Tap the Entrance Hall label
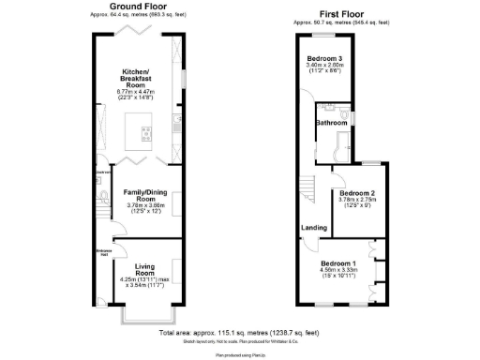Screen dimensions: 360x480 coord(103,253)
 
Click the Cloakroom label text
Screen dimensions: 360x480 coord(103,172)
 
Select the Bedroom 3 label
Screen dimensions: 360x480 coord(324,59)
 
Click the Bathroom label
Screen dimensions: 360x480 coord(331,122)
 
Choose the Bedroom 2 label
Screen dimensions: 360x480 coord(357,192)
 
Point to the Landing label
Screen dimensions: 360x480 coord(313,228)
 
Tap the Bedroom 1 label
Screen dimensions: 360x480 coord(339,264)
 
